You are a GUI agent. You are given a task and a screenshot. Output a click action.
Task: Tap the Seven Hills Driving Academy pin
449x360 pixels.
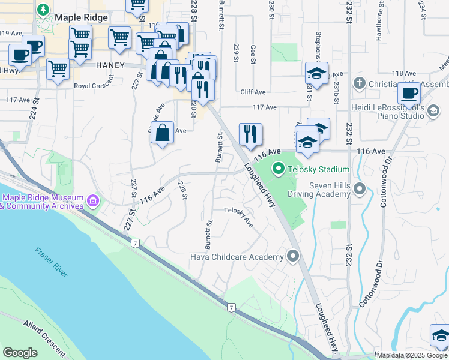point(360,190)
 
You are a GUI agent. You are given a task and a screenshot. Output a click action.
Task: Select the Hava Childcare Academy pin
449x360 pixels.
point(293,257)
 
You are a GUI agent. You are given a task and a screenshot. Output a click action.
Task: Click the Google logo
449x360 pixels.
point(20,353)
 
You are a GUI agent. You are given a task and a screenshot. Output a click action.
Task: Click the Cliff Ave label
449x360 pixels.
point(253,92)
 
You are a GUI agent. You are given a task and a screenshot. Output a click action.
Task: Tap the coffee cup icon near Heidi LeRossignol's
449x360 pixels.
point(409,94)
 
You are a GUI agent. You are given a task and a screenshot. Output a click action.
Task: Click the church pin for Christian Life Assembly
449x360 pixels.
point(360,83)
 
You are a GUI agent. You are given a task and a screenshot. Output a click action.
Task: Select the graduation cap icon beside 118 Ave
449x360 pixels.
point(316,74)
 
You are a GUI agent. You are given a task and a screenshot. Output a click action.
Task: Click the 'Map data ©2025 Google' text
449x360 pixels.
point(412,355)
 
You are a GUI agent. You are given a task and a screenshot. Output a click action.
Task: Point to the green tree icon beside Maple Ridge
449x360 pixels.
point(43,10)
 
